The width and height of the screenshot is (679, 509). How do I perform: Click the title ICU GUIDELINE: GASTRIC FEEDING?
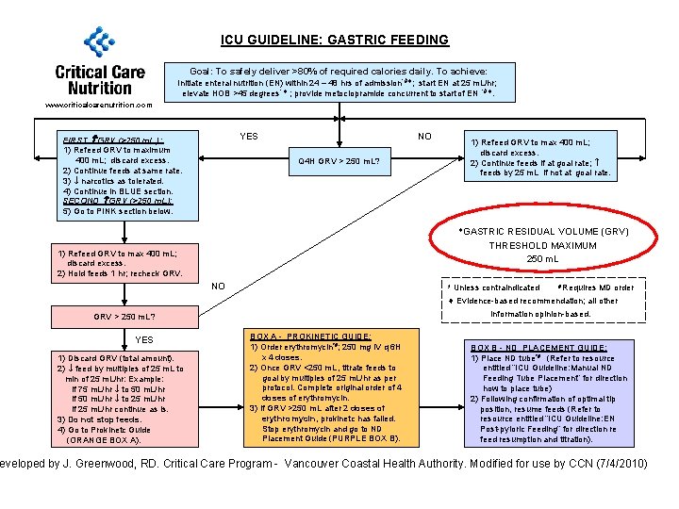tap(335, 40)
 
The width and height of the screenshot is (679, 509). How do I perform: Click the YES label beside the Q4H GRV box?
tap(249, 137)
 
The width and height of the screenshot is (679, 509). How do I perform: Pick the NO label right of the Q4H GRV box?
tap(425, 137)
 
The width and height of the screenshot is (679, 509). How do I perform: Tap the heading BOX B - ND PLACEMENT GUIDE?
tap(538, 347)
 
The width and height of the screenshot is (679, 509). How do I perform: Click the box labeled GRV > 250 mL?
tap(124, 317)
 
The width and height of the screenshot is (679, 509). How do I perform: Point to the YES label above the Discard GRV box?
tap(144, 340)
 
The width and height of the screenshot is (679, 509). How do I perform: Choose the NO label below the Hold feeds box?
tap(218, 286)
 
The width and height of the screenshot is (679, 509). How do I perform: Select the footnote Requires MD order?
tap(599, 287)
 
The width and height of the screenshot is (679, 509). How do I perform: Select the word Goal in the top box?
tap(202, 72)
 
